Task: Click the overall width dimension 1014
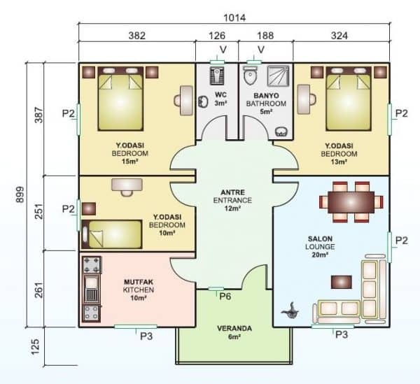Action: [x=234, y=16]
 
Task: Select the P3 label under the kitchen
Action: [x=146, y=335]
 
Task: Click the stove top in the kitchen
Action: [x=92, y=265]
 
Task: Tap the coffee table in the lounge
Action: [x=342, y=280]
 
